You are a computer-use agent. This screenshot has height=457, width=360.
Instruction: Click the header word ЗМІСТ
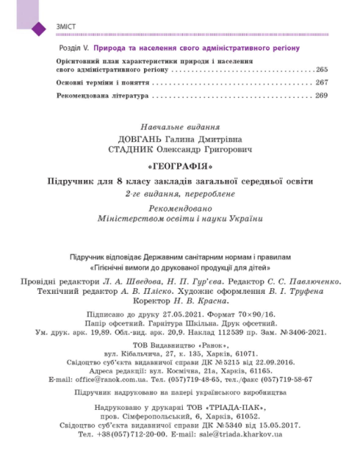[65, 27]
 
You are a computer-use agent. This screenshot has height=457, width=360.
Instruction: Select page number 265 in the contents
[322, 70]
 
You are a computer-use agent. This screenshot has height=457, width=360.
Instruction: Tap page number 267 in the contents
[322, 82]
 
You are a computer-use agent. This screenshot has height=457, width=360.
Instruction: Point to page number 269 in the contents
[322, 95]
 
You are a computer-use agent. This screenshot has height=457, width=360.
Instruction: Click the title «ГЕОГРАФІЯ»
[182, 167]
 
